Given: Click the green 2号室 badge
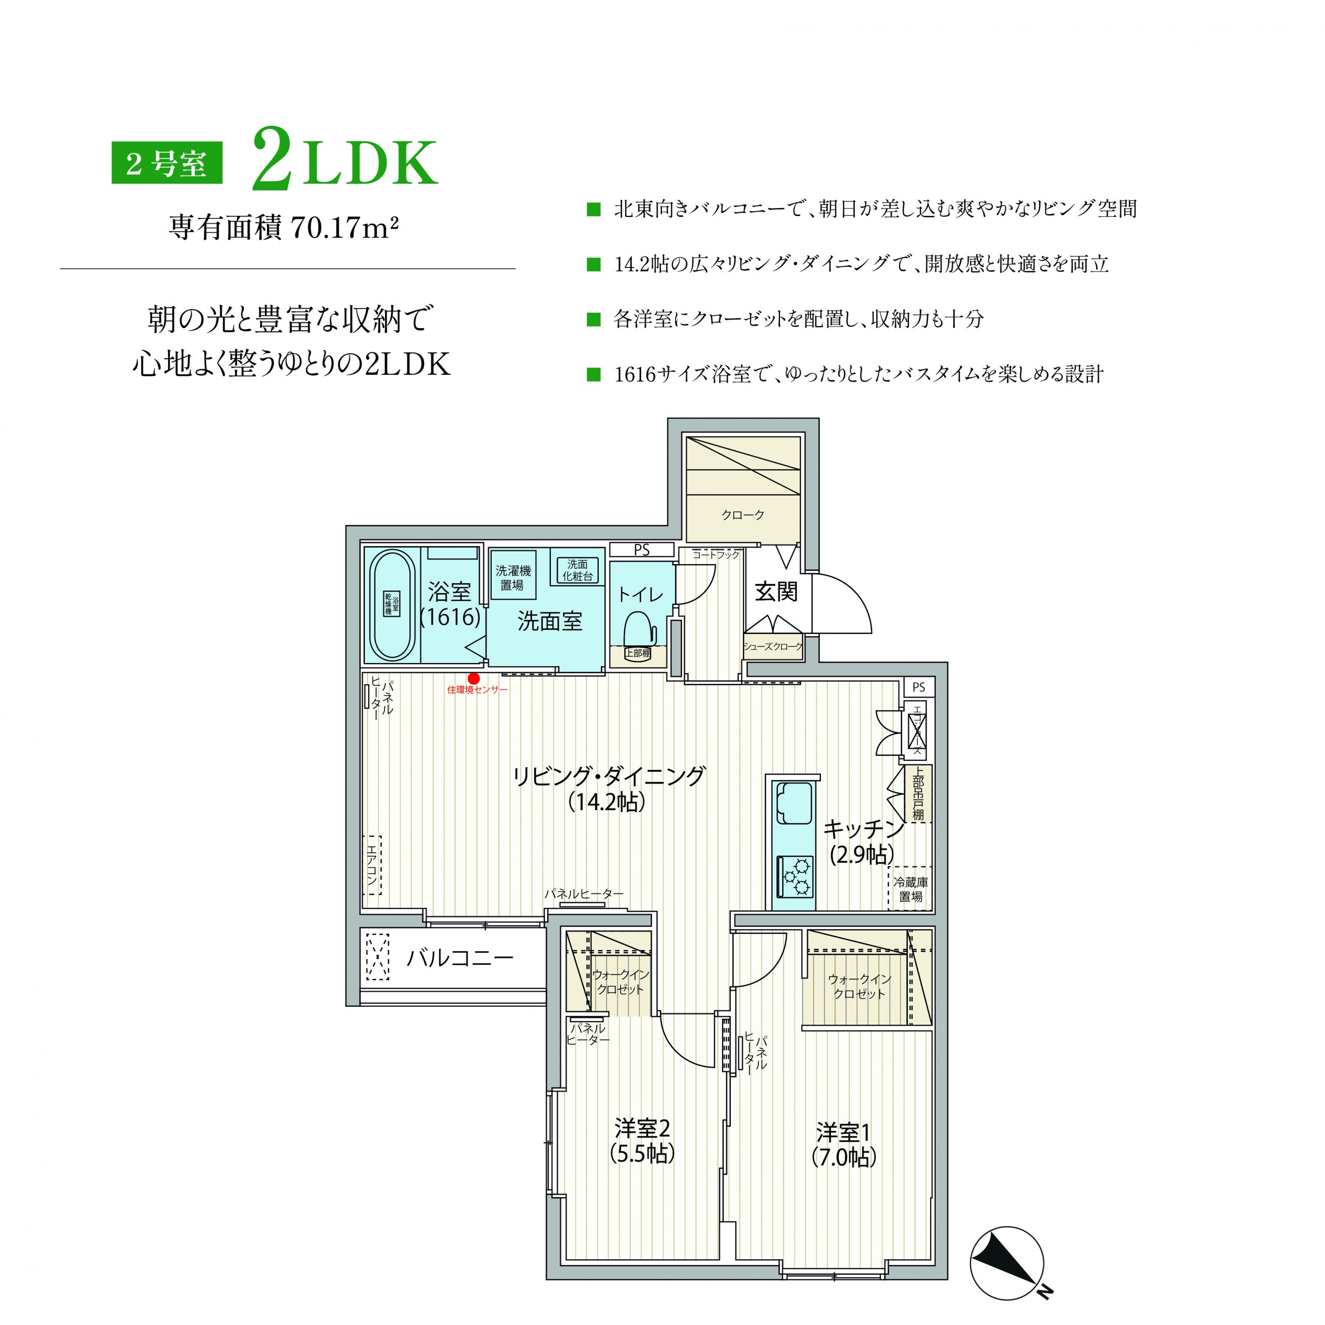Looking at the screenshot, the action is (167, 163).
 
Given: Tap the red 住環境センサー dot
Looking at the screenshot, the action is (473, 678).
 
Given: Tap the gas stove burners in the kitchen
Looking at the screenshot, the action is (796, 876).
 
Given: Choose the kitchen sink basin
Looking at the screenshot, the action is (794, 803).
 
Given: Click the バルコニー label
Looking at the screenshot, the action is (460, 958).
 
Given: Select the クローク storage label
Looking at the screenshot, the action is (743, 514).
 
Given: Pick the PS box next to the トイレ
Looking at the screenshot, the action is (641, 549).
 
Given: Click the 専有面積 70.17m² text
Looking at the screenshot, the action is (284, 228).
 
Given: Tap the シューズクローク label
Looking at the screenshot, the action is (773, 646).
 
